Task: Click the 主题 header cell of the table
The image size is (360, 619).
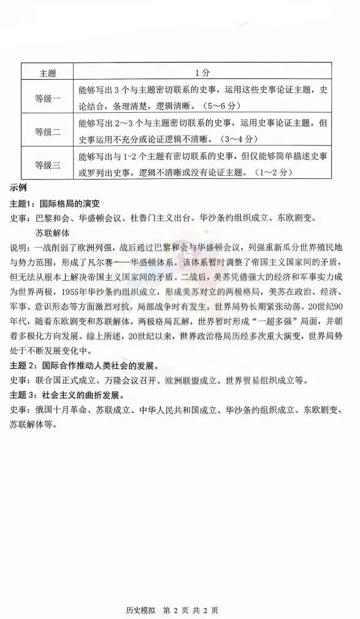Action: click(x=48, y=72)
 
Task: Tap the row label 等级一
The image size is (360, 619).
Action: click(x=48, y=97)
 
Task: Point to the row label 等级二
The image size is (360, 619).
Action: click(x=48, y=131)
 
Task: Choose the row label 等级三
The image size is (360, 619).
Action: click(x=48, y=164)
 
